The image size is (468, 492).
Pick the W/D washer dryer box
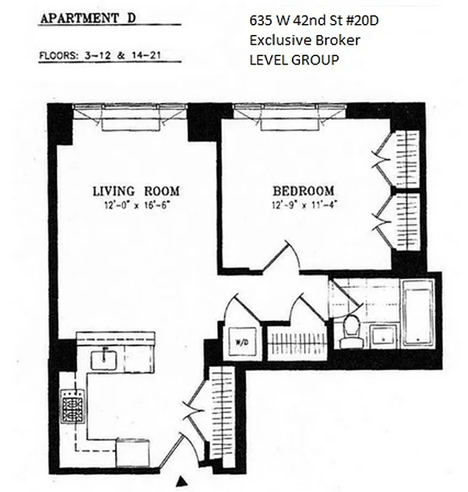tap(238, 342)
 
